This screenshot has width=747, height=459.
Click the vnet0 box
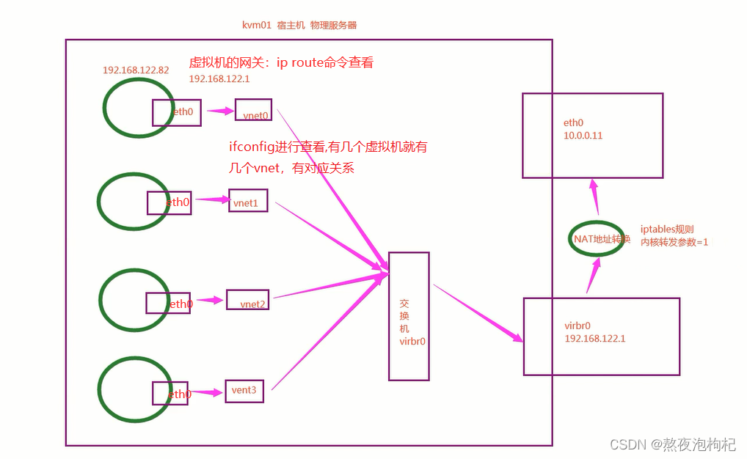253,110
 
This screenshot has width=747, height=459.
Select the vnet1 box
248,200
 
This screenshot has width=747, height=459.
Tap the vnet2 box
249,300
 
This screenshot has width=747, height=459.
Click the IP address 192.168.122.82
136,70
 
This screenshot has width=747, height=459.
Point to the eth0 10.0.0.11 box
592,136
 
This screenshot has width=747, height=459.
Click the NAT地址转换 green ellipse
597,239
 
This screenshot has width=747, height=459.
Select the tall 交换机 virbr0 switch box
409,316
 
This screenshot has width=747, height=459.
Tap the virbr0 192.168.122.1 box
601,336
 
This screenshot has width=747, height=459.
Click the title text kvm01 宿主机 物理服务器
299,25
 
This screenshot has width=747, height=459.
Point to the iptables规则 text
666,229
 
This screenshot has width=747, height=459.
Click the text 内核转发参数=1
674,241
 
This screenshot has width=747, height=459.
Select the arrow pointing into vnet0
219,111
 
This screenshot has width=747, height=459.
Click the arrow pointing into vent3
209,392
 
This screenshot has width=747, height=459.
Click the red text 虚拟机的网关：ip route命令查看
281,63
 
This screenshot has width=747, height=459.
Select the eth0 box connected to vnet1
169,203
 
